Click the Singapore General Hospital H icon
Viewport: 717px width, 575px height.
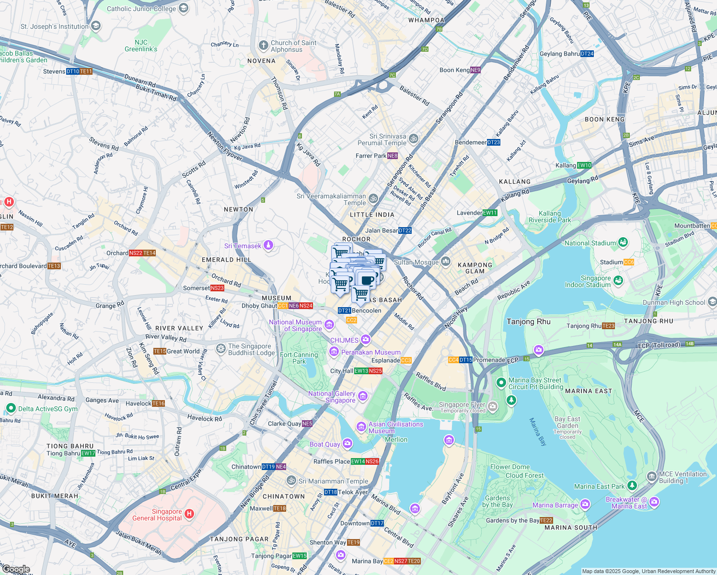[189, 514]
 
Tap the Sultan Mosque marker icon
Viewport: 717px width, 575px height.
[446, 261]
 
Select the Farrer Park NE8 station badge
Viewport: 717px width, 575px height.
[393, 156]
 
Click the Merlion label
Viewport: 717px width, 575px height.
[396, 439]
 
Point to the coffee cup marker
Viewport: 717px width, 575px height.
[368, 280]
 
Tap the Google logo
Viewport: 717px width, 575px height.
[16, 569]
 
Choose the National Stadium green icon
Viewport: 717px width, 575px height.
[623, 242]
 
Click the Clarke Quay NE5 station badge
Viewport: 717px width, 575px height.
[307, 424]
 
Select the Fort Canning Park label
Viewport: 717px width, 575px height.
[299, 358]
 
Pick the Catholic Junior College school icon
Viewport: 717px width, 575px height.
[183, 8]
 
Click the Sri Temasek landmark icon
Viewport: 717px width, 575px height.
[268, 246]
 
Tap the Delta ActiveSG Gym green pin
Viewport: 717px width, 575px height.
[11, 408]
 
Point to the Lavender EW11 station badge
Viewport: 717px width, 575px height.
[490, 213]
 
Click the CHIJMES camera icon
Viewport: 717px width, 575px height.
[366, 340]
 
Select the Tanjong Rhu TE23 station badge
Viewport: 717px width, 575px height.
[608, 326]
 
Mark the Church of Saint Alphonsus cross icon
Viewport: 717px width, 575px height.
[263, 46]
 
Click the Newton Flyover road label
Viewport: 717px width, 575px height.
[225, 146]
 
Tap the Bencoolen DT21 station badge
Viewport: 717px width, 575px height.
[344, 310]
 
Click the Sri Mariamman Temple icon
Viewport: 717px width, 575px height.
[291, 480]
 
